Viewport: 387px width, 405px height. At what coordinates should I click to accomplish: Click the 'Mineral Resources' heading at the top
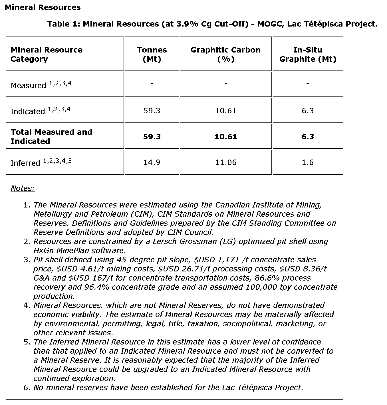(43, 7)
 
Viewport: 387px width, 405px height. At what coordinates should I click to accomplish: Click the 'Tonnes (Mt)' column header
(152, 54)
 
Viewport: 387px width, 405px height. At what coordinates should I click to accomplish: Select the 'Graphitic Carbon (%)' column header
(225, 54)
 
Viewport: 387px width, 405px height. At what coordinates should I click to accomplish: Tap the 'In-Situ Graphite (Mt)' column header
(308, 54)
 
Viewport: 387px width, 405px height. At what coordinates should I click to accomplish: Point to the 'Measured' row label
(28, 85)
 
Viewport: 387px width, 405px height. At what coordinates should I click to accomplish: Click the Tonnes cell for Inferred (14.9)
(152, 162)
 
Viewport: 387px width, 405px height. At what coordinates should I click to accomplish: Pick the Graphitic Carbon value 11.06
(226, 162)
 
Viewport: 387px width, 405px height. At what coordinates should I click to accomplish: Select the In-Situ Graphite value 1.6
(308, 162)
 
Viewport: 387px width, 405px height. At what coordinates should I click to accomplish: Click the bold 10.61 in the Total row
(226, 137)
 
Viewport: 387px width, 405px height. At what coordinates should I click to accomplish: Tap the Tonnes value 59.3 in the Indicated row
(152, 111)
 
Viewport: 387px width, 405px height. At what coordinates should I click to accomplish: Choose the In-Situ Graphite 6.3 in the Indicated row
(308, 111)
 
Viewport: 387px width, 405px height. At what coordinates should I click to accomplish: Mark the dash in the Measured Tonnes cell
(152, 83)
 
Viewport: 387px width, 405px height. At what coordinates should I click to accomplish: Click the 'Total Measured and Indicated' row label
(51, 136)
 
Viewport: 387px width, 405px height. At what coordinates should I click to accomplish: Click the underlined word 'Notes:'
(23, 188)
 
